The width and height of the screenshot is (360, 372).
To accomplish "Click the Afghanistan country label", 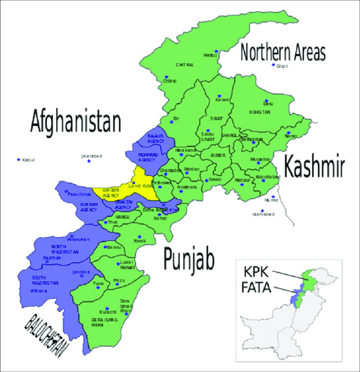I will (x=75, y=122).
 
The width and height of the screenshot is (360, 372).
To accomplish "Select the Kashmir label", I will (x=314, y=167).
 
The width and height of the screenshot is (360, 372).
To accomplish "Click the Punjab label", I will (x=189, y=259).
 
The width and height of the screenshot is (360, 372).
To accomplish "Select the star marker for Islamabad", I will (x=263, y=210).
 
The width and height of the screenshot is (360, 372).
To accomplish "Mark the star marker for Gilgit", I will (x=273, y=65).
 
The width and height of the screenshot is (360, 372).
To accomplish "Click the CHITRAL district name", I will (x=184, y=65).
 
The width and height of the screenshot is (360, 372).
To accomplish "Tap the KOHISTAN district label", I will (x=260, y=112).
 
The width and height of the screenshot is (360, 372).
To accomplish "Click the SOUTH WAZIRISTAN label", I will (x=42, y=280).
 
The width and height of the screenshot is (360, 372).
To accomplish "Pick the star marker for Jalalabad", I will (x=89, y=161).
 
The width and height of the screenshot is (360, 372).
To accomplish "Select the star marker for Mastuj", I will (x=216, y=51).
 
